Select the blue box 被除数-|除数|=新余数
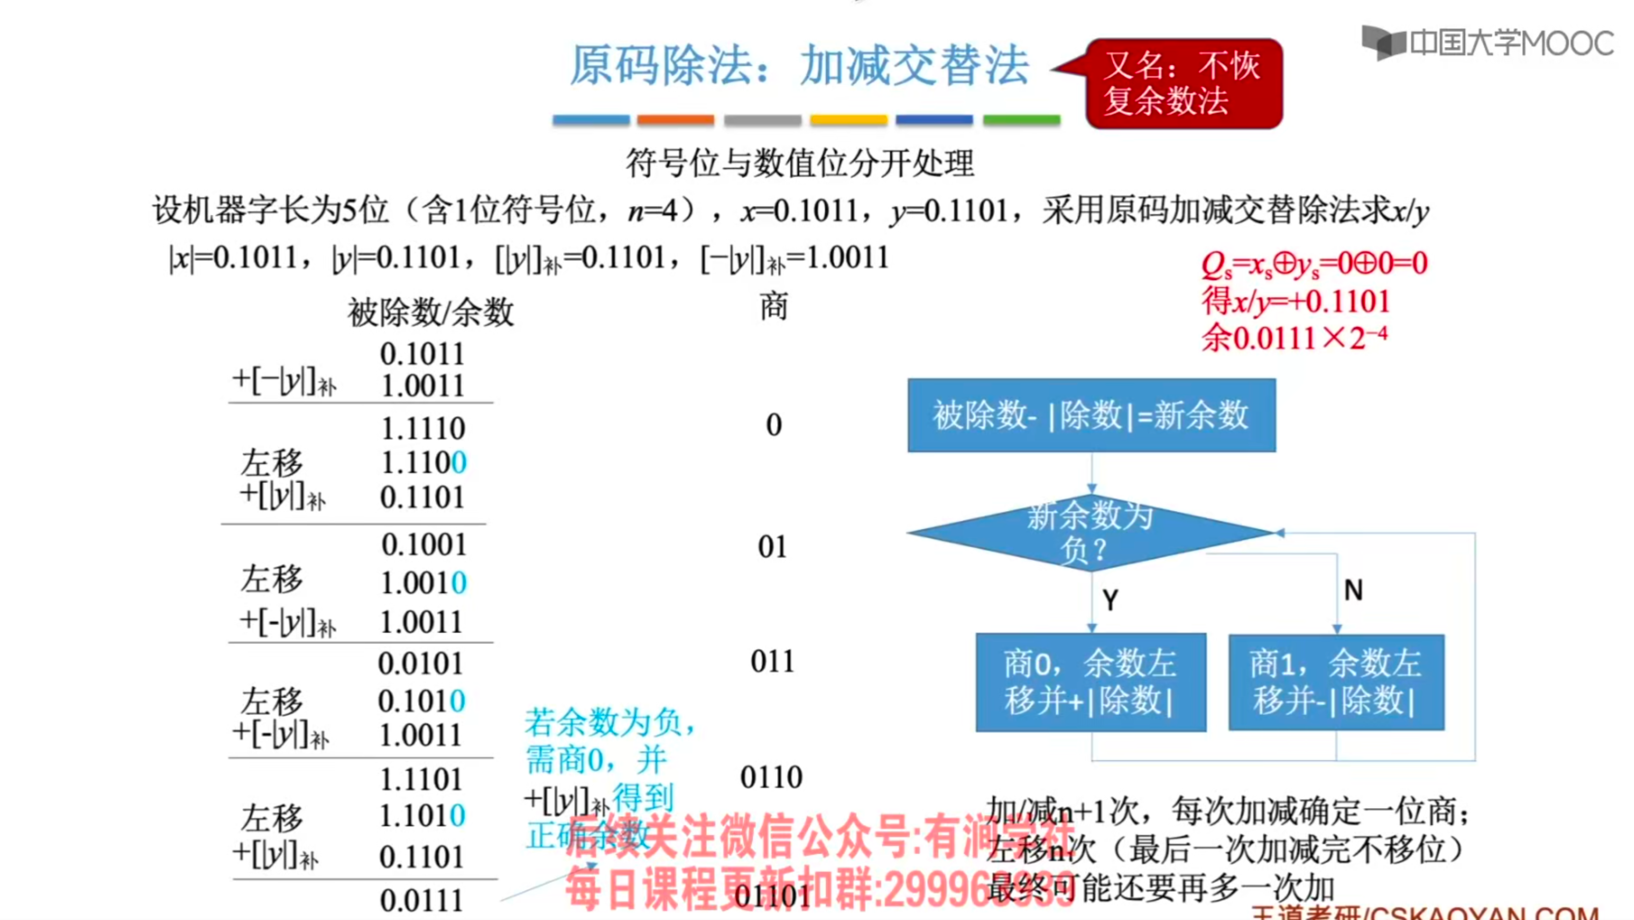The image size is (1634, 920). (x=1091, y=416)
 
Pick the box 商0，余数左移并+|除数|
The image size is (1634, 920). (x=1090, y=682)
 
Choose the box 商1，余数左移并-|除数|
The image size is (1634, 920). (x=1336, y=682)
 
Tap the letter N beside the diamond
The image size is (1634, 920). (x=1353, y=591)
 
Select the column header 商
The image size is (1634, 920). (x=773, y=307)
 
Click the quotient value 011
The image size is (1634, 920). (x=772, y=662)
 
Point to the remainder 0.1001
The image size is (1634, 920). (x=424, y=545)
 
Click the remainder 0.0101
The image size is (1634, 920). (x=420, y=664)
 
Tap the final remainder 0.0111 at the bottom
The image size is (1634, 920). (x=421, y=900)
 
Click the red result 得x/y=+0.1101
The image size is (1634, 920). (x=1295, y=301)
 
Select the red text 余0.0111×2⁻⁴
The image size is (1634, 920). (x=1294, y=337)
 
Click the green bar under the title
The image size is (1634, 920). (x=1021, y=119)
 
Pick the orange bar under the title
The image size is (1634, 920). (x=675, y=119)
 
